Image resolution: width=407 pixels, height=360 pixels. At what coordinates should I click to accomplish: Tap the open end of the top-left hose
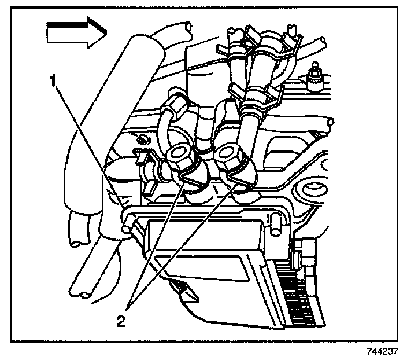click(x=186, y=27)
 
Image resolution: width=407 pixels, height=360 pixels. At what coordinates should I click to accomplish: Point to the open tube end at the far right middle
click(x=329, y=122)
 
